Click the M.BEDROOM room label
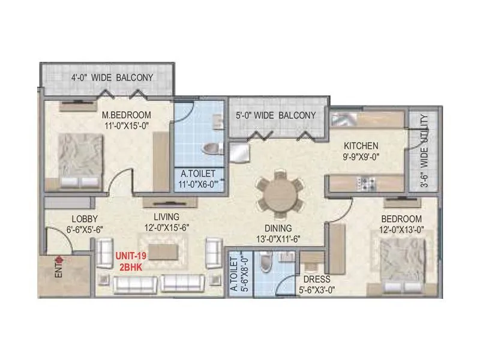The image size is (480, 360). coord(125,115)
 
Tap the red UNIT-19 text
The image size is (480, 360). coord(131,256)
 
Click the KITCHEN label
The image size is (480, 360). coord(360,146)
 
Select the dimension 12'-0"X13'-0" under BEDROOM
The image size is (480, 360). coord(401,229)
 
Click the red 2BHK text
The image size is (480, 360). coord(131,266)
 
